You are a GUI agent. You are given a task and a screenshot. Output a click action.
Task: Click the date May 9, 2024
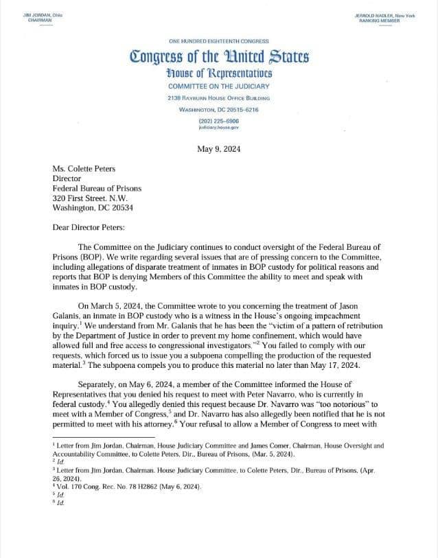point(218,148)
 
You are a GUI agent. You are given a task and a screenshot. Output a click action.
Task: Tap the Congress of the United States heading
point(219,56)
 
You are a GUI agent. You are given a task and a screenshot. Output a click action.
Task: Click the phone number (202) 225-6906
point(219,121)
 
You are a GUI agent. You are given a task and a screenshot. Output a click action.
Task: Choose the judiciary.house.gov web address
point(218,128)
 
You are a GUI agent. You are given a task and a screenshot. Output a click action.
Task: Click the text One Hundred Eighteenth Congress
point(219,41)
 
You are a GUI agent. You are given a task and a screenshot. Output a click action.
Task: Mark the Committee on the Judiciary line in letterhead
point(219,86)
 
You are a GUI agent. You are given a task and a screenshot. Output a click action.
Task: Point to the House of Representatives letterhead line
point(219,72)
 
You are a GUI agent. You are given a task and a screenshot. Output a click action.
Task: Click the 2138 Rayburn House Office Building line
point(219,98)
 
